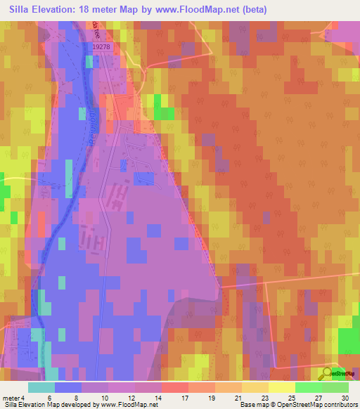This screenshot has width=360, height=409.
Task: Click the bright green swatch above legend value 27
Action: pyautogui.click(x=308, y=387)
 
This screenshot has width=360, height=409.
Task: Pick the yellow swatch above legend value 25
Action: pyautogui.click(x=281, y=387)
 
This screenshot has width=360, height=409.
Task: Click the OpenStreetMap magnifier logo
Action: pyautogui.click(x=328, y=372)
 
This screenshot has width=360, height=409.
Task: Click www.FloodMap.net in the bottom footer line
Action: pyautogui.click(x=129, y=405)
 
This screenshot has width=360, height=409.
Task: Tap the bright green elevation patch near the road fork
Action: pyautogui.click(x=165, y=112)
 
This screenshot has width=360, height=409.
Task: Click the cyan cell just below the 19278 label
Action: pyautogui.click(x=89, y=62)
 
